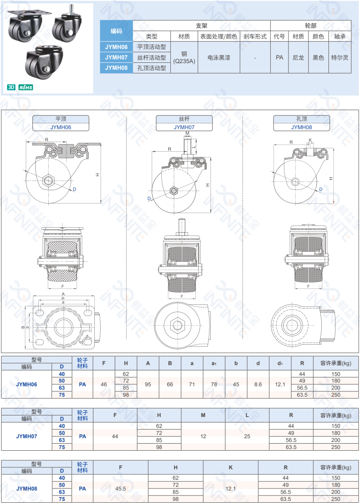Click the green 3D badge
coord(11,87)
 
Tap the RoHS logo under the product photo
coord(26,87)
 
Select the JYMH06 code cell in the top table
coord(116,47)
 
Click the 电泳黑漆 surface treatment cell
coord(219,58)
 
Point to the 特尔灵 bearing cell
coord(340,58)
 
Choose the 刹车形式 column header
coord(255,37)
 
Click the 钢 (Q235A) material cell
coord(184,58)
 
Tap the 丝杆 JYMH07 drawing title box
coord(184,123)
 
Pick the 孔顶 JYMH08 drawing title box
coord(301,123)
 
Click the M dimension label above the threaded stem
coord(187,133)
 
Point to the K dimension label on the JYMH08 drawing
coord(311,140)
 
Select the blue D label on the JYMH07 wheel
coord(149,199)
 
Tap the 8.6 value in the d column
coord(258,385)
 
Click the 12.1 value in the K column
coord(231,488)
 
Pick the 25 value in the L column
coord(247,436)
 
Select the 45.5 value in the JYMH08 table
coord(121,488)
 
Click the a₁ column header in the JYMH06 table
coord(214,363)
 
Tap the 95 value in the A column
coord(148,385)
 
